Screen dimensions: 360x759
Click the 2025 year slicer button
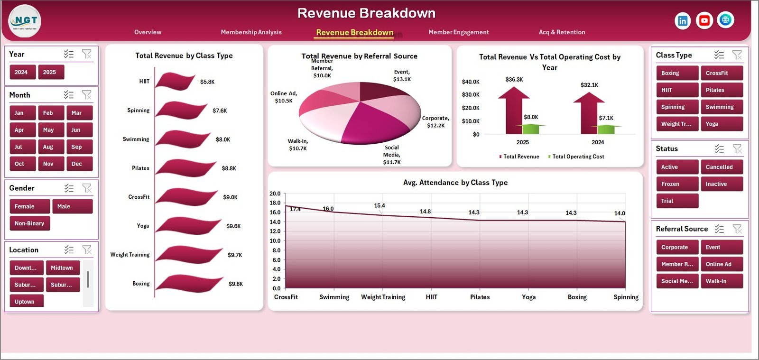[x=50, y=72]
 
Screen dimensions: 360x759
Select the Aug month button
[x=51, y=147]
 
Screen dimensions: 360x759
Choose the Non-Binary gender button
[x=29, y=223]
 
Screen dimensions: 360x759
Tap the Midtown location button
[x=62, y=268]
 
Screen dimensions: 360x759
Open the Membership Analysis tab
[x=251, y=32]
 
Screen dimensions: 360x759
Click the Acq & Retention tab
[x=562, y=32]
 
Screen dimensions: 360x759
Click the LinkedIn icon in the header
[x=682, y=20]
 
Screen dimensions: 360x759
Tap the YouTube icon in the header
[x=704, y=20]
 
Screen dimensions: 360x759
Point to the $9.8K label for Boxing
[x=235, y=284]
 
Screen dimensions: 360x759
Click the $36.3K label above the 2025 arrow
[x=514, y=80]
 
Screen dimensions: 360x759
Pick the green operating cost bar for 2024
[x=606, y=129]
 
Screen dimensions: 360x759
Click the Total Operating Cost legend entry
[x=577, y=157]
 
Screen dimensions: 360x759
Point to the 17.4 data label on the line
[x=295, y=209]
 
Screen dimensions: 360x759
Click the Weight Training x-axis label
[x=383, y=297]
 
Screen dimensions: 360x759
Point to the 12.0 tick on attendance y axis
[x=275, y=231]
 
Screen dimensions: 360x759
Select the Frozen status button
[x=676, y=184]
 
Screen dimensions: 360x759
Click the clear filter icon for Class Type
[x=737, y=55]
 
